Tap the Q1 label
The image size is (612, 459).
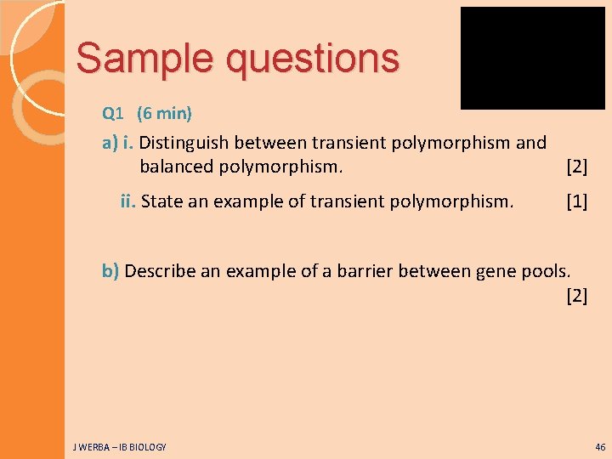tap(113, 113)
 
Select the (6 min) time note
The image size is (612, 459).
tap(164, 113)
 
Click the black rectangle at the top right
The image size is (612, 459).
tap(532, 58)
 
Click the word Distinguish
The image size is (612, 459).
tap(190, 143)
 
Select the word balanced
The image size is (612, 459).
tap(176, 166)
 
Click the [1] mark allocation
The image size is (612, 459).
tap(576, 201)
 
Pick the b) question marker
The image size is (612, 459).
tap(111, 271)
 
